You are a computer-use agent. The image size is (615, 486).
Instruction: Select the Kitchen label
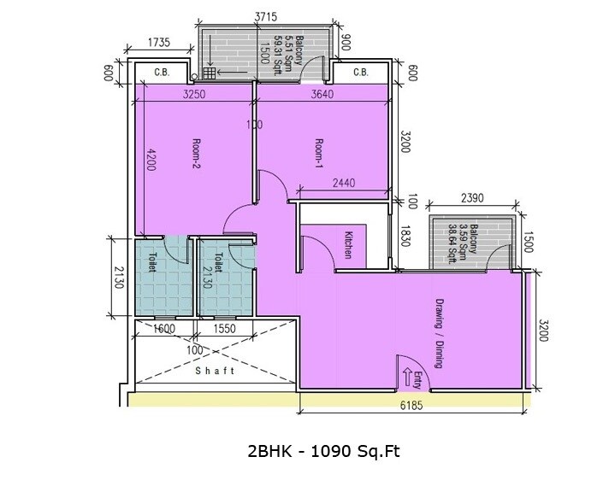coord(348,245)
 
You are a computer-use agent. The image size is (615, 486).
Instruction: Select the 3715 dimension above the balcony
coord(269,15)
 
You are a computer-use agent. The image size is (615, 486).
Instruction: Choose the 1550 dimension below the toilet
coord(224,328)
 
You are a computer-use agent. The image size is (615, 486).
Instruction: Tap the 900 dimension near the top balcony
coord(346,43)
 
